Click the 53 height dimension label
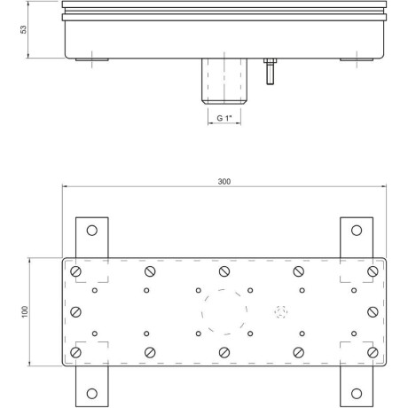[x=24, y=29]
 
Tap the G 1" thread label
[x=224, y=118]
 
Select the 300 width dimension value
[x=224, y=182]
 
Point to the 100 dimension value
[x=25, y=312]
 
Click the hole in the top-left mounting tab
[x=92, y=231]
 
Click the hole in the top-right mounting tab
[x=357, y=231]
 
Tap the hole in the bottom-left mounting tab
[x=92, y=394]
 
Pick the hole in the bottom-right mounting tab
[x=357, y=394]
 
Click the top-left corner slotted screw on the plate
[x=76, y=271]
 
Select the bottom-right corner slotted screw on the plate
[x=373, y=352]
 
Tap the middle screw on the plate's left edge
[x=76, y=312]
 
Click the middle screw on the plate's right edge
[x=373, y=312]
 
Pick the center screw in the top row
[x=224, y=271]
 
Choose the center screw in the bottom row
[x=224, y=352]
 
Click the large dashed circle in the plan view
[x=201, y=312]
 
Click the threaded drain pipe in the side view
[x=224, y=82]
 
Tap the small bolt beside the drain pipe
[x=270, y=71]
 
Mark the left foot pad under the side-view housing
[x=92, y=59]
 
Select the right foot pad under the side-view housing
[x=357, y=59]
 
